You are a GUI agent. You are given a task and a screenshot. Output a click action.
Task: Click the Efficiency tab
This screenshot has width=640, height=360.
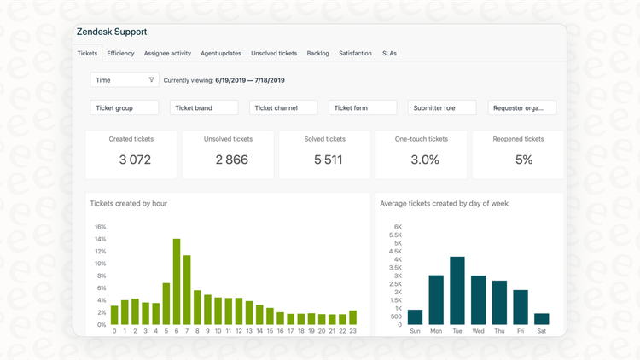coord(120,53)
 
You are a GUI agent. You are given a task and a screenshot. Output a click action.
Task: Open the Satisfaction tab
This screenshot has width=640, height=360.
coord(355,53)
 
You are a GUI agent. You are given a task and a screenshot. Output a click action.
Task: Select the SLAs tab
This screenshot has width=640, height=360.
coord(389,53)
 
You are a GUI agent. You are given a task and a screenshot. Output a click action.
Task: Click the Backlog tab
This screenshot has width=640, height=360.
coord(317,53)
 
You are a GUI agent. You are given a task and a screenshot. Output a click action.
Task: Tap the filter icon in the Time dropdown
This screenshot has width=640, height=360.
coord(152,80)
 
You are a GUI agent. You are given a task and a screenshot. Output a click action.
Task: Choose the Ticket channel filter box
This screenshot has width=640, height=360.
coord(283,108)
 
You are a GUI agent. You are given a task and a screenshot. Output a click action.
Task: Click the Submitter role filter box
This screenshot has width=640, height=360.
coord(442,108)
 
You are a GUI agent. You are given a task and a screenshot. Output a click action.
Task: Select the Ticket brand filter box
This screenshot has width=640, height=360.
coord(204,108)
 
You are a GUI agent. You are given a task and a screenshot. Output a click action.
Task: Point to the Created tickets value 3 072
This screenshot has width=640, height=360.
coord(135,160)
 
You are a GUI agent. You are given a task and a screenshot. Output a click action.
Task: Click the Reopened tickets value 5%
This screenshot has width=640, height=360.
coord(523,160)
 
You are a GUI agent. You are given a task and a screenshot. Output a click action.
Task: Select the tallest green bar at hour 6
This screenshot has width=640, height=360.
coord(177,282)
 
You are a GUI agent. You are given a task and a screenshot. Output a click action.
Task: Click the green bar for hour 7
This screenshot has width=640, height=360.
coord(187,290)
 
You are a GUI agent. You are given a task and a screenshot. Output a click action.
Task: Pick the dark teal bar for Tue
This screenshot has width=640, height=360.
coord(457,290)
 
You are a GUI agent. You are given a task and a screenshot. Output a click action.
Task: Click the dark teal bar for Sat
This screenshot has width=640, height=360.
coord(541,319)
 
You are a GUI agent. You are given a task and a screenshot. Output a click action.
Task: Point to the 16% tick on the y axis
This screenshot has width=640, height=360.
coord(100,227)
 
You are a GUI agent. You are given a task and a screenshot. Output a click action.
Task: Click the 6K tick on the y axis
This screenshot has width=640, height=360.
coord(397,227)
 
